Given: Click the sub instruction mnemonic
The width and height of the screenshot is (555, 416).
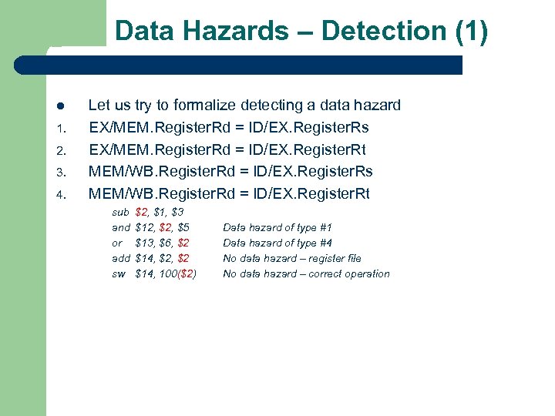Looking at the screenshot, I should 120,212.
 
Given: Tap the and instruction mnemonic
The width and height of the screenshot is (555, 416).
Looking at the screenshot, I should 121,227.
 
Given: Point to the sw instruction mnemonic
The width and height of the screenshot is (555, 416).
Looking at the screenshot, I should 119,273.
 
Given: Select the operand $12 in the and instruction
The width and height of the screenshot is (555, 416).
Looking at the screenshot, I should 144,227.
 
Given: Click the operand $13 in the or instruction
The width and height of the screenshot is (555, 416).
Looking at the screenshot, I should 144,243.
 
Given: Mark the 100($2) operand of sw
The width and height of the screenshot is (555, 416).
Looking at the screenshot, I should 177,273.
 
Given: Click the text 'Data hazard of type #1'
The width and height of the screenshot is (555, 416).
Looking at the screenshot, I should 277,227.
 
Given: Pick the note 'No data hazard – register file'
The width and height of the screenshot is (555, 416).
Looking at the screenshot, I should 291,258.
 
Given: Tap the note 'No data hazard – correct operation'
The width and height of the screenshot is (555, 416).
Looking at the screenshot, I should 306,273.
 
